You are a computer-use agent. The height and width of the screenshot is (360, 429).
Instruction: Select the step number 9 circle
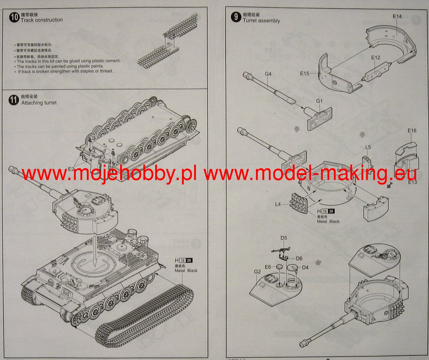click(x=236, y=17)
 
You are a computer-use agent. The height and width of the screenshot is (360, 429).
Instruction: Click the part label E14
click(x=397, y=16)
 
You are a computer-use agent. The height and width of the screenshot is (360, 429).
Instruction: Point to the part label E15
click(x=305, y=74)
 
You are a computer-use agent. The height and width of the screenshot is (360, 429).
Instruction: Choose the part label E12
click(x=375, y=57)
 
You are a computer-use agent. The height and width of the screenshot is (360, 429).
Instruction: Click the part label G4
click(x=268, y=74)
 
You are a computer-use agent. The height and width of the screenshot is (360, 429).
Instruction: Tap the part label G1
click(x=319, y=101)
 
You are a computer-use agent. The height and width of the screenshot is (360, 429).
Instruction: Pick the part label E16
click(x=412, y=131)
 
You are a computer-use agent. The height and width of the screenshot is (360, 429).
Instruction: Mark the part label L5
click(x=368, y=147)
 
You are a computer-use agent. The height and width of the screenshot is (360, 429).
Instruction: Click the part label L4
click(x=278, y=204)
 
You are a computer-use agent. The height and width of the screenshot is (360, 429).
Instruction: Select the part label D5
click(x=284, y=238)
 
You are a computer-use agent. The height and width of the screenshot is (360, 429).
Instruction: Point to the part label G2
click(x=257, y=272)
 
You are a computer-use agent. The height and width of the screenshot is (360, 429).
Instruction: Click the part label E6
click(x=268, y=267)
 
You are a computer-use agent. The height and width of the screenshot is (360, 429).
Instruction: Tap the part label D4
click(x=305, y=267)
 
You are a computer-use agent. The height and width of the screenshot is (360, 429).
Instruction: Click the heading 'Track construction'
click(x=41, y=20)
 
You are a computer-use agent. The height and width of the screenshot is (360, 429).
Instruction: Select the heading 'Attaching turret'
click(x=39, y=103)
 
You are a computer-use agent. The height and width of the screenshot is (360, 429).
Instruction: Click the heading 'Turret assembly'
click(x=261, y=20)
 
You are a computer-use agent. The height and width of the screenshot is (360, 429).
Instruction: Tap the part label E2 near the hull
click(x=71, y=169)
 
